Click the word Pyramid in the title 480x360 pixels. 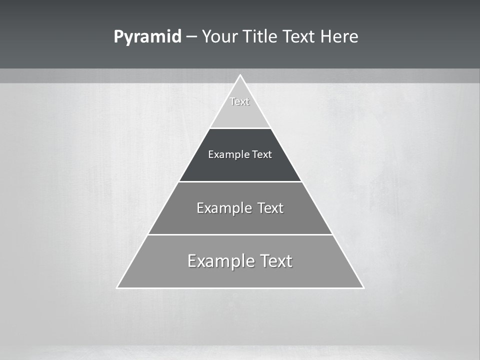coord(147,37)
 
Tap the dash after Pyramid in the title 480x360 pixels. coord(191,37)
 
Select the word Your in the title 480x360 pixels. coord(220,37)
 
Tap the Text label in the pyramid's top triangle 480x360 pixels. coord(239,101)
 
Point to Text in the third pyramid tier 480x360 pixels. coord(270,208)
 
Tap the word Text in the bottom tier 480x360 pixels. coord(276,261)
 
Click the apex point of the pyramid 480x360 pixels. coord(240,75)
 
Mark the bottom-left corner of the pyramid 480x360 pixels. coord(117,287)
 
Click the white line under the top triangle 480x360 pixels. coord(240,128)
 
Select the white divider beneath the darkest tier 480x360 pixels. coord(240,181)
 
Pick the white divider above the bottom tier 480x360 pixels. coord(240,234)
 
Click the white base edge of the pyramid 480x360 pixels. coord(240,288)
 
